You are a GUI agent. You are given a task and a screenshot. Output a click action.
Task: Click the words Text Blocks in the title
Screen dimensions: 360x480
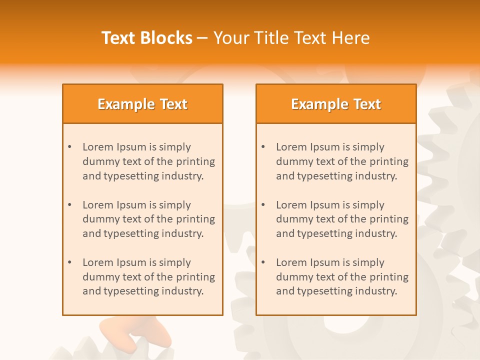147,38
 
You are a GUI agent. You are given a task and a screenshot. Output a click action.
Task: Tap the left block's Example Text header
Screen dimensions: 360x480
142,104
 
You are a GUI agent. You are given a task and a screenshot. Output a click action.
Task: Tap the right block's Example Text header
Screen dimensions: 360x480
336,104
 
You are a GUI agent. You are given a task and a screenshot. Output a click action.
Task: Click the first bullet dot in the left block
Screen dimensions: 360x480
69,147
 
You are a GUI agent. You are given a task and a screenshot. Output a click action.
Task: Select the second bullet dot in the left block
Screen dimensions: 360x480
69,205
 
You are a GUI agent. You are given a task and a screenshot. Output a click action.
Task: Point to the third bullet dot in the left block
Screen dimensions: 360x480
69,262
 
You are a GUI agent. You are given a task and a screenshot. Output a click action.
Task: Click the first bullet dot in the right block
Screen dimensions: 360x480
263,147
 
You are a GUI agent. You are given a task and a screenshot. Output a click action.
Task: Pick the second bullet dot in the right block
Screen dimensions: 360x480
263,205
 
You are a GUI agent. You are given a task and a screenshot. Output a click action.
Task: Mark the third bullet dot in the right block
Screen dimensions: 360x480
263,262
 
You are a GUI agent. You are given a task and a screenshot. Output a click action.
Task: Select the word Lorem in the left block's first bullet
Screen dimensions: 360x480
98,147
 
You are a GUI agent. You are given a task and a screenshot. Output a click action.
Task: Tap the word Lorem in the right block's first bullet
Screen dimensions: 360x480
291,147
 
